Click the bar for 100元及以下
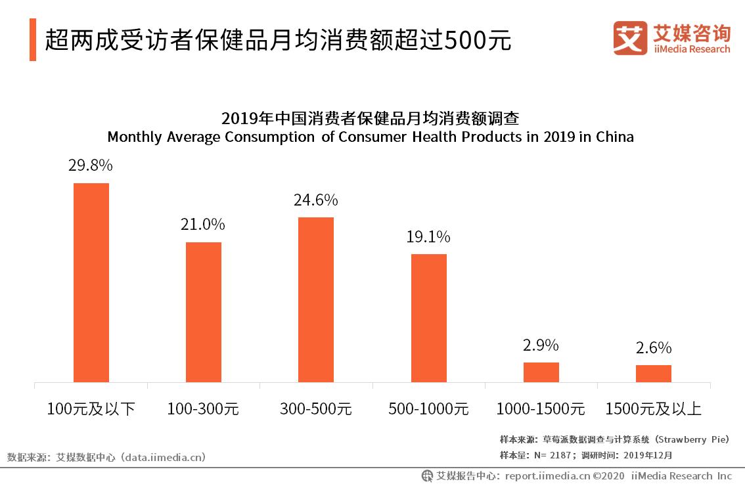[x=91, y=282]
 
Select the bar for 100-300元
[x=204, y=312]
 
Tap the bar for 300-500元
[x=316, y=299]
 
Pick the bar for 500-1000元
[x=429, y=318]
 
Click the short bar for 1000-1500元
[x=541, y=372]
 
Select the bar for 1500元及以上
[x=654, y=374]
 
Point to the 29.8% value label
[x=91, y=165]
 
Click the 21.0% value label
[x=203, y=225]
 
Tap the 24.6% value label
[x=316, y=200]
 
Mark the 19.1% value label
[x=428, y=237]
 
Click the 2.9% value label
[x=541, y=345]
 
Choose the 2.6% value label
[x=654, y=348]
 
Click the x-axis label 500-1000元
[x=428, y=409]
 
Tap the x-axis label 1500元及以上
[x=654, y=409]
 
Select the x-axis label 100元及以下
[x=91, y=409]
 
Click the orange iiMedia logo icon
[x=630, y=38]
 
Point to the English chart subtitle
[x=371, y=137]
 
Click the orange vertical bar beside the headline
[x=33, y=40]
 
